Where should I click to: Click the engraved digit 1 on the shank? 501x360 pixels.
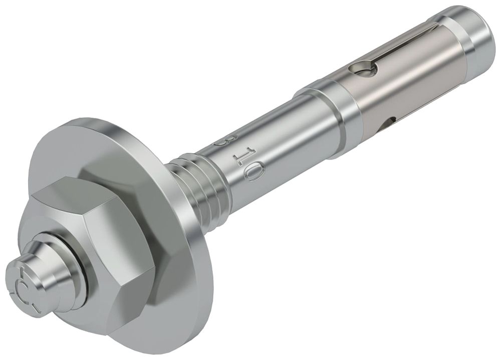[239, 155]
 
